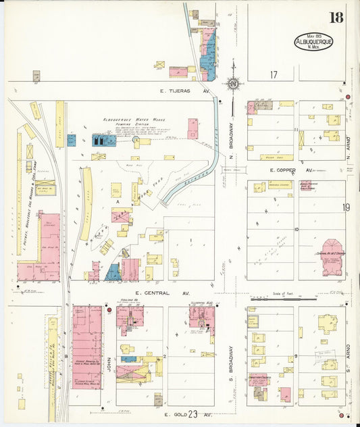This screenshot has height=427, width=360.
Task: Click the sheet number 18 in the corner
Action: pos(336,17)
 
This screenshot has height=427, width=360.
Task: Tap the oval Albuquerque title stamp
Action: pos(311,43)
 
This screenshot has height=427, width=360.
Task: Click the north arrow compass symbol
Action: pos(233,84)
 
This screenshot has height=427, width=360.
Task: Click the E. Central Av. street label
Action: pos(164,294)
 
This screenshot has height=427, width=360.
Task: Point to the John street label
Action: pos(109,357)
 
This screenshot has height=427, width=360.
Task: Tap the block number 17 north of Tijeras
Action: pos(274,74)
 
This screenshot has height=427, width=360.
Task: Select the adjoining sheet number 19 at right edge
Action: pos(346,208)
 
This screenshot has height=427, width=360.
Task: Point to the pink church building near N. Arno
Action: pos(332,257)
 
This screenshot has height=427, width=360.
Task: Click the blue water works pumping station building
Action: pos(103,140)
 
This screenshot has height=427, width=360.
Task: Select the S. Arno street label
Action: pos(350,358)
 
